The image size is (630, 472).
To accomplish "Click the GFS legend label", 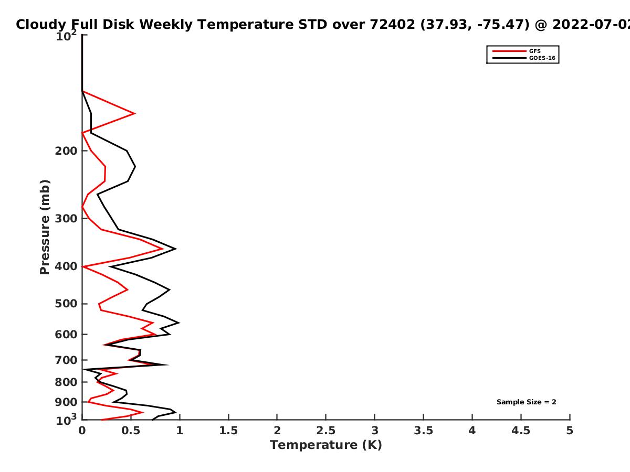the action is [534, 51].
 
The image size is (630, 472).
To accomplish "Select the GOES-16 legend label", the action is [542, 58].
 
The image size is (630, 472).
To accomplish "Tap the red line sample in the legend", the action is [509, 51].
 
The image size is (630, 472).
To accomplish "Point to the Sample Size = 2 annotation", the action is [527, 402].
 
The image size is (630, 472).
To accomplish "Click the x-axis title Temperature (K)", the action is [326, 445].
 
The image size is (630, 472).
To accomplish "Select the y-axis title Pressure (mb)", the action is [45, 227].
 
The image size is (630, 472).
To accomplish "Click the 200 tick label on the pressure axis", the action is [66, 151].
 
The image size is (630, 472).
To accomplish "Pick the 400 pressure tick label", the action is [66, 266].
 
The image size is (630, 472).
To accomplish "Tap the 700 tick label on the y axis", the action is [66, 360].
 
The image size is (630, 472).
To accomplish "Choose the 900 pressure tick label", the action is [66, 402].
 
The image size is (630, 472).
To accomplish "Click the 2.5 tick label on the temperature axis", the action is [326, 431].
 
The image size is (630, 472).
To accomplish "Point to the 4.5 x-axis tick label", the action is [521, 431].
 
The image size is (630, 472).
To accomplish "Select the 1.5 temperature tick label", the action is [228, 431].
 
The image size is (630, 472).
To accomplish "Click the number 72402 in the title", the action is [392, 25].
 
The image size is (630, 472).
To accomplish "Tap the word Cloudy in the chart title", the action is [41, 25].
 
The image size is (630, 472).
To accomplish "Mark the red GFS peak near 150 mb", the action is [134, 113].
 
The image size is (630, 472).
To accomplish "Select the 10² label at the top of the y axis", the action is [66, 35].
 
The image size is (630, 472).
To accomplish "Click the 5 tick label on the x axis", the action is [570, 431].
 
